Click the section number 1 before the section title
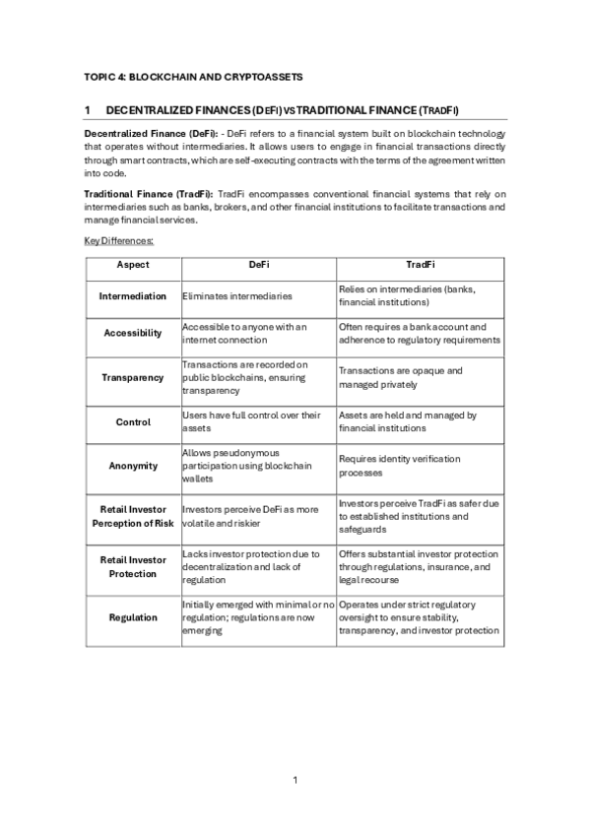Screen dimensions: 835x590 (88, 109)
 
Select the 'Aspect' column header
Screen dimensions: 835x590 (133, 265)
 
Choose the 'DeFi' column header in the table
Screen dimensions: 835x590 (258, 265)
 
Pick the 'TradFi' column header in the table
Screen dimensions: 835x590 (420, 265)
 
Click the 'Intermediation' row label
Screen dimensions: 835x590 (133, 295)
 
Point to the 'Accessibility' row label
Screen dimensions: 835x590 (133, 333)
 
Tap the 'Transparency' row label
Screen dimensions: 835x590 (133, 377)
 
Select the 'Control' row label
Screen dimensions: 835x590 (133, 421)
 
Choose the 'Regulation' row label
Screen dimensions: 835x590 (133, 617)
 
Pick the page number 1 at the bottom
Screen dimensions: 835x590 (295, 780)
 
